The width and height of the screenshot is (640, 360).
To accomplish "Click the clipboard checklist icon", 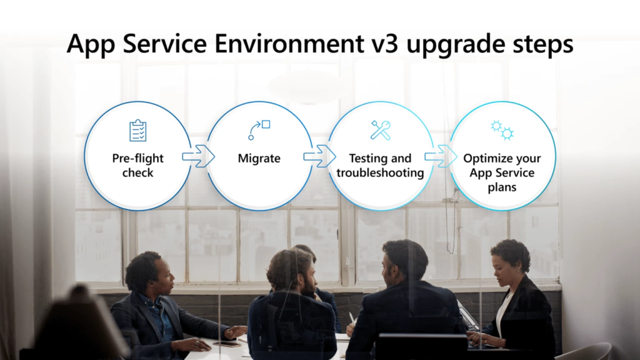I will coord(137,131).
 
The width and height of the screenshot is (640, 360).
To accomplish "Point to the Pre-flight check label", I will coord(137,165).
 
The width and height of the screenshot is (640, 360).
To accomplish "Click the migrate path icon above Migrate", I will coord(259,130).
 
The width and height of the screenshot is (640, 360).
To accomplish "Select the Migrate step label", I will coord(259,159).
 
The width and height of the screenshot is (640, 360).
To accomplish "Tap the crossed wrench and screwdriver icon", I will coord(380,130).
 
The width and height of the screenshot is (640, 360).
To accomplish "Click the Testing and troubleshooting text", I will coord(380,166).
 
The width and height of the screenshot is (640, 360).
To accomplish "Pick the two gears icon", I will coord(502,129).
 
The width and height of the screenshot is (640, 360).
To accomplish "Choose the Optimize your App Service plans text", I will coord(502,172).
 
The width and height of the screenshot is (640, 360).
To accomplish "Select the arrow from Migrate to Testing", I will coord(319,156).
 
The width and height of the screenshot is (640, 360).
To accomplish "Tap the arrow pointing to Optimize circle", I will coord(441,156).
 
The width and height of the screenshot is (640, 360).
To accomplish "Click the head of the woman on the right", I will coord(509,258).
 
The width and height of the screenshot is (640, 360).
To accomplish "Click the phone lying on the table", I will coord(226,343).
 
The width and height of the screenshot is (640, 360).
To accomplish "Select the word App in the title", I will coord(91,45).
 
